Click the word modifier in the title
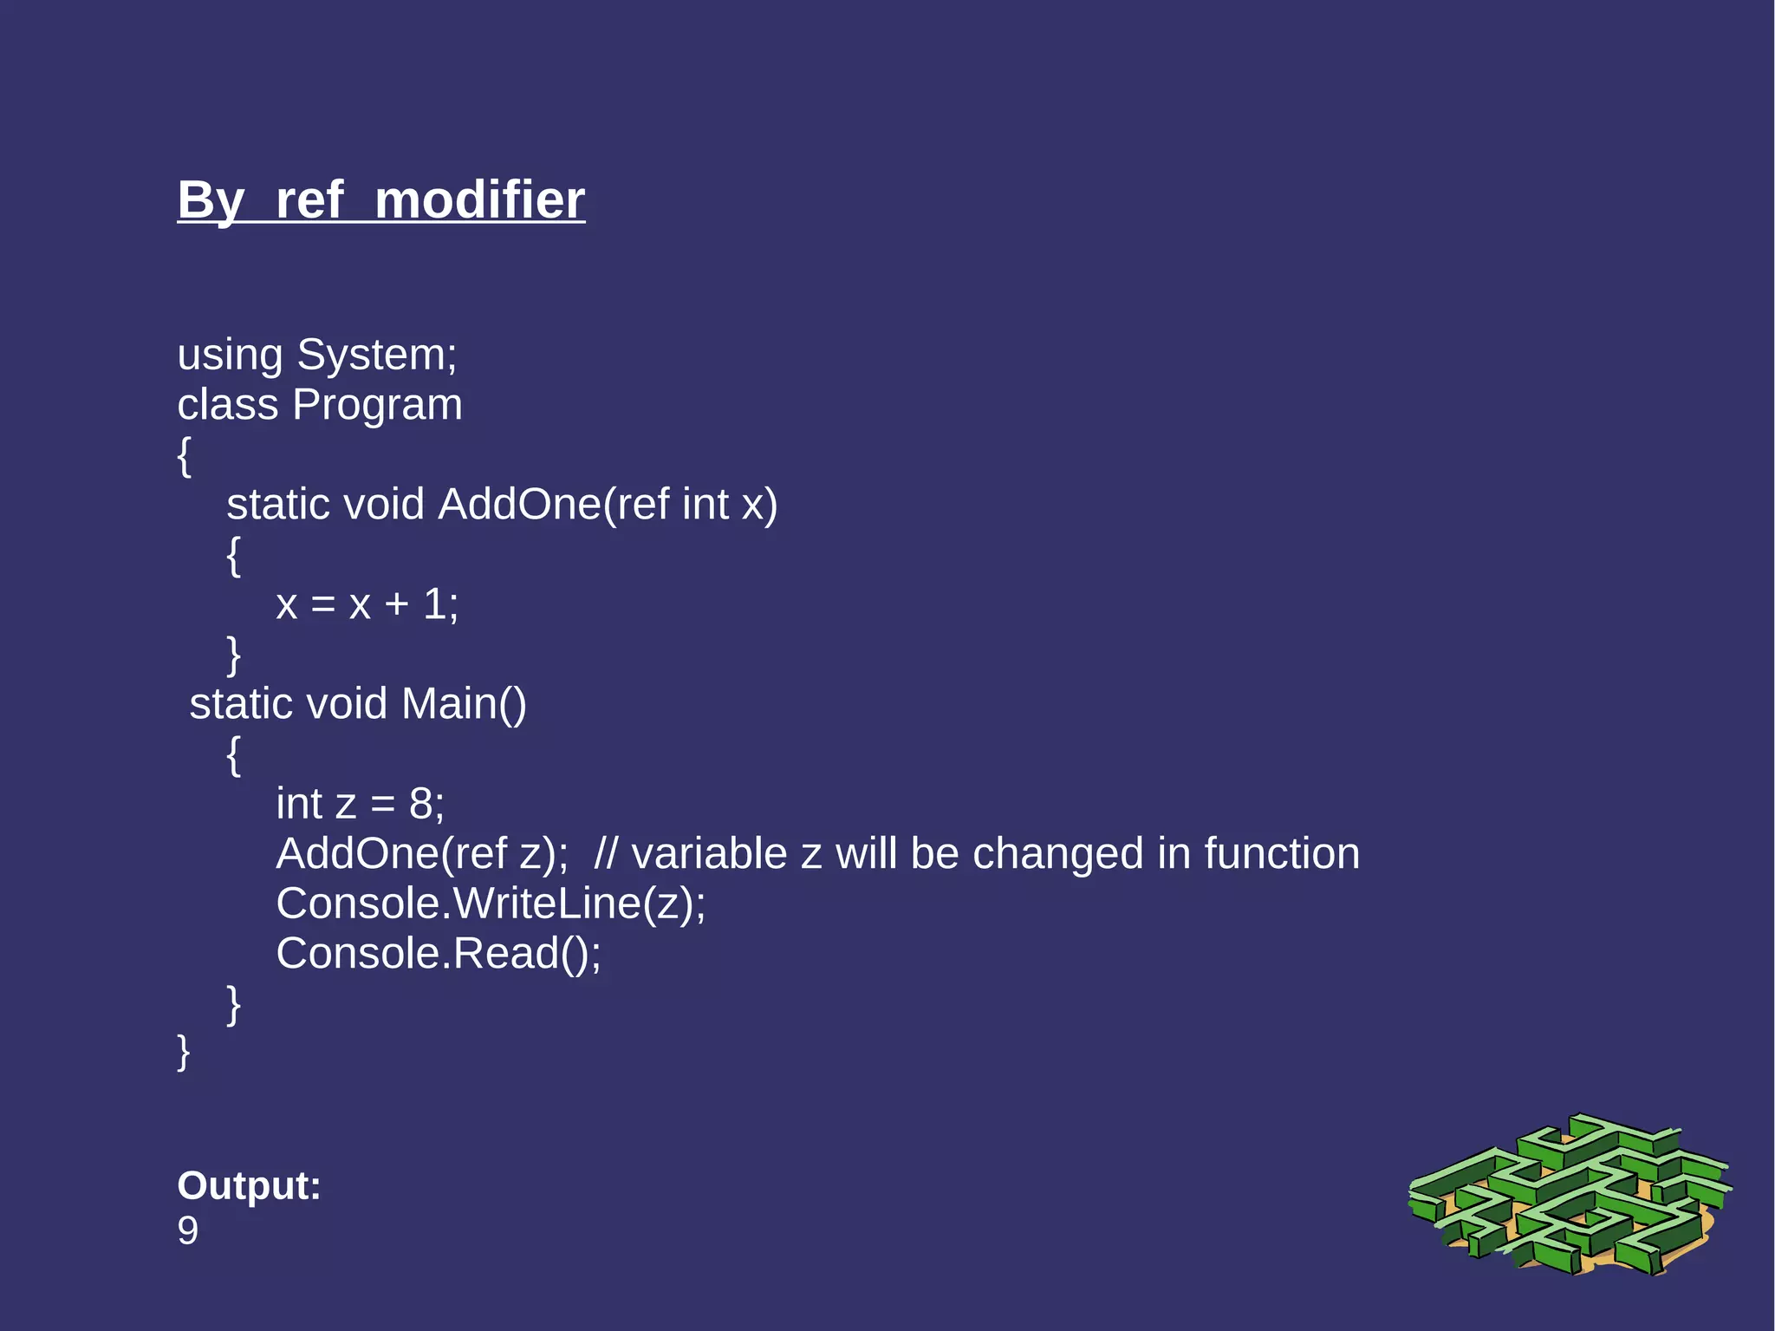[479, 200]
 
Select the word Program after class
[377, 405]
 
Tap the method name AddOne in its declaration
[519, 505]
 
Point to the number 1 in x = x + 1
[434, 604]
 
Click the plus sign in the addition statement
[396, 604]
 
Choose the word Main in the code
[449, 703]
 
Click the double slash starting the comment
[606, 854]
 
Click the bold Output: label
[249, 1185]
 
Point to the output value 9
[187, 1231]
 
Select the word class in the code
[227, 405]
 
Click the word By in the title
[211, 200]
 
